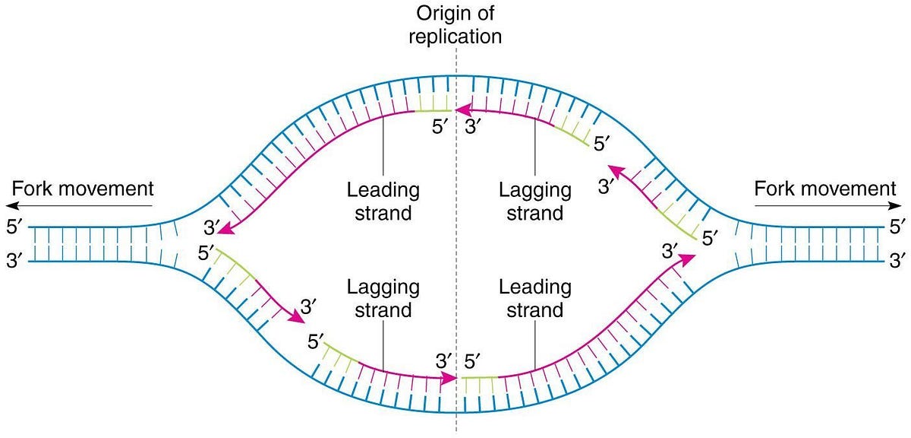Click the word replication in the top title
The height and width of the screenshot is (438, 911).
click(x=455, y=35)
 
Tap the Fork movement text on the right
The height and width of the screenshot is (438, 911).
click(x=825, y=188)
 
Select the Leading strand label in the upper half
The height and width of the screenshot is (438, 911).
click(x=383, y=201)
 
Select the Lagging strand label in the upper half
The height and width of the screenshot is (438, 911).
click(x=535, y=201)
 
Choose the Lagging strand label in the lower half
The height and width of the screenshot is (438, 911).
click(x=383, y=299)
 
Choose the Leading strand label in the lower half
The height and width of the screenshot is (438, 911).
click(x=535, y=299)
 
